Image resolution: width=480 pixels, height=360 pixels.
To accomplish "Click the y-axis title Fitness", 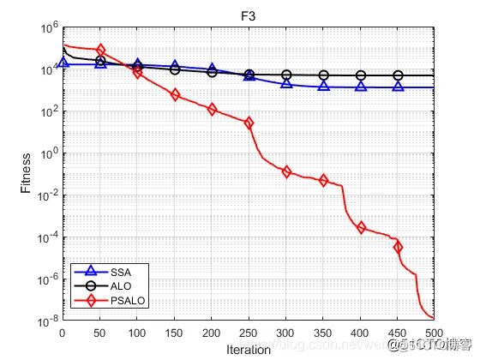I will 27,174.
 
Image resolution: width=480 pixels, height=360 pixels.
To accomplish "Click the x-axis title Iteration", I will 249,350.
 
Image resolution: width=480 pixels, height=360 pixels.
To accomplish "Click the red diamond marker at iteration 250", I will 249,123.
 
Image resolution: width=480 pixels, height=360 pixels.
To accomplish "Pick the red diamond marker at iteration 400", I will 361,227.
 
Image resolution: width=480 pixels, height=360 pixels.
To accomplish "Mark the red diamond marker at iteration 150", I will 175,94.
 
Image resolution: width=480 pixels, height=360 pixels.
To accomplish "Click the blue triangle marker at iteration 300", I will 286,83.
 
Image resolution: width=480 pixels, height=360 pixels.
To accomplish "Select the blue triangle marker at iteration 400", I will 361,87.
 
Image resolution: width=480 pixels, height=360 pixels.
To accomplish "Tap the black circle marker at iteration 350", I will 323,75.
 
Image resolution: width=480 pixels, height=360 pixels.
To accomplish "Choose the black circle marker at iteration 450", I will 398,75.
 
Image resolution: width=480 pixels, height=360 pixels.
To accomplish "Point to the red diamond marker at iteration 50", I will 100,51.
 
